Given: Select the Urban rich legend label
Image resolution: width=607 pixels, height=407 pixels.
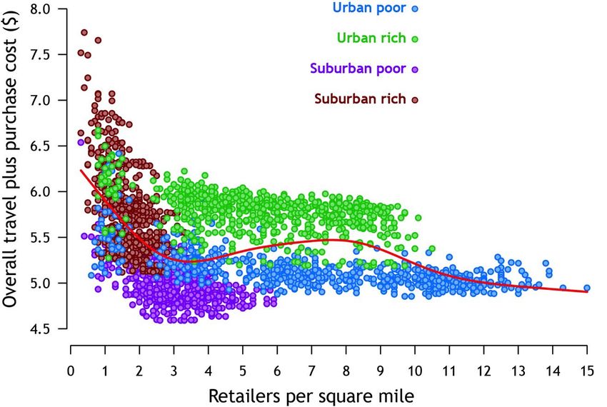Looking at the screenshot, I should (370, 39).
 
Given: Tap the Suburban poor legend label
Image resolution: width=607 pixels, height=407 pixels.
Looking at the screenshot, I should (358, 69).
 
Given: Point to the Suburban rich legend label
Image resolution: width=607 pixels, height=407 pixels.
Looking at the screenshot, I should (360, 99).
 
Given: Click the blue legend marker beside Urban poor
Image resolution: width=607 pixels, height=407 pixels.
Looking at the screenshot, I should (414, 9).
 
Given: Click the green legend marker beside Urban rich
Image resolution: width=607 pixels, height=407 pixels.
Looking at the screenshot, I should (414, 39).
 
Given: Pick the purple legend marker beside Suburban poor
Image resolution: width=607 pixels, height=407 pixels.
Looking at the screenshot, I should (414, 69).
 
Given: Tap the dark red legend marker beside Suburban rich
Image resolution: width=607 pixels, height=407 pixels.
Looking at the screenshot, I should (414, 99).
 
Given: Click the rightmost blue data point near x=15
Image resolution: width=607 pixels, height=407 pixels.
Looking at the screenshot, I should (586, 288).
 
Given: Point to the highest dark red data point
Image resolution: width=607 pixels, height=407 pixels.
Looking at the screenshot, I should (84, 32).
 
